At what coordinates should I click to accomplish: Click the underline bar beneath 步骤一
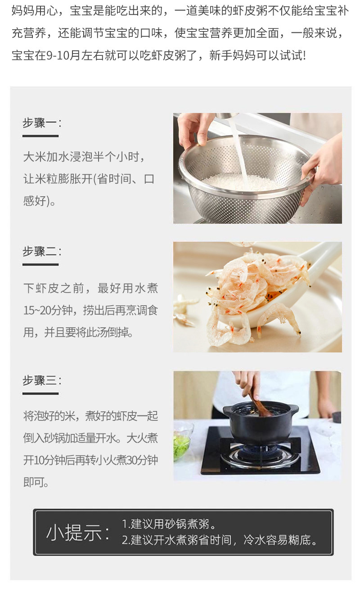(40, 136)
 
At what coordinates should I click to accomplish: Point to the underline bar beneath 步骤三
(40, 393)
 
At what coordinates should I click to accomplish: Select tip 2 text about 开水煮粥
(219, 540)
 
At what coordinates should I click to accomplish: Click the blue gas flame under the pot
(260, 448)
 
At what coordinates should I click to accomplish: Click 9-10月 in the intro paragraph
(63, 55)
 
